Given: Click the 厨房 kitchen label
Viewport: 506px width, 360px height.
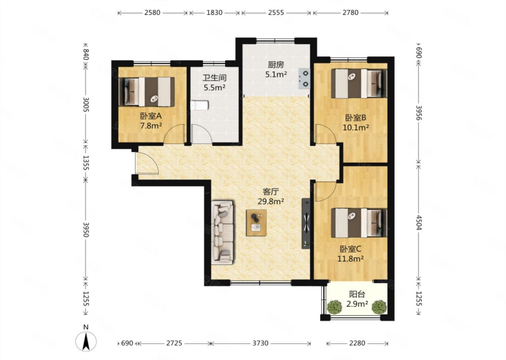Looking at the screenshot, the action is pyautogui.click(x=276, y=65).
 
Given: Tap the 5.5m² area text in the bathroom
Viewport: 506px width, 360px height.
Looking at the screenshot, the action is pyautogui.click(x=214, y=88).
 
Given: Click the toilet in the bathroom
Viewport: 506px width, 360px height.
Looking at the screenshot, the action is pyautogui.click(x=199, y=105).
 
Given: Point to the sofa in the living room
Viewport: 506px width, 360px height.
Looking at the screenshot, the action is pyautogui.click(x=222, y=233).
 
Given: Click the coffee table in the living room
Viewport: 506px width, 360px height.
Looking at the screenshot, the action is pyautogui.click(x=256, y=223).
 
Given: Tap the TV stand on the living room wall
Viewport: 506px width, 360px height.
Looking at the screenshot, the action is pyautogui.click(x=306, y=224).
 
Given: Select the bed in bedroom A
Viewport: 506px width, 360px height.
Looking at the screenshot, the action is pyautogui.click(x=147, y=92).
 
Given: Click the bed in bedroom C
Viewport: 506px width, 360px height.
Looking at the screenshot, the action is pyautogui.click(x=359, y=223).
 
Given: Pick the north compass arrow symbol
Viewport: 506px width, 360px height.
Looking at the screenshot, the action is pyautogui.click(x=86, y=342).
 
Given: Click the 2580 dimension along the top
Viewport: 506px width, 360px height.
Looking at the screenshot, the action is pyautogui.click(x=153, y=12).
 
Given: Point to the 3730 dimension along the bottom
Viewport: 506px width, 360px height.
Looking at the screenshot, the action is pyautogui.click(x=260, y=343).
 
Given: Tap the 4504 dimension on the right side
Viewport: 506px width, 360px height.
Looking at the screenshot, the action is pyautogui.click(x=419, y=223).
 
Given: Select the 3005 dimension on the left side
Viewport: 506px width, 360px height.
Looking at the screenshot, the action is pyautogui.click(x=86, y=105).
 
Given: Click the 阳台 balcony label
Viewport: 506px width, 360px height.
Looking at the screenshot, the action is pyautogui.click(x=357, y=294).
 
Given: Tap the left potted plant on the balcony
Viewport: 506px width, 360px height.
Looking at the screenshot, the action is pyautogui.click(x=334, y=307).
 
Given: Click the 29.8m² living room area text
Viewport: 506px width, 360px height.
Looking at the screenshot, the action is pyautogui.click(x=271, y=201).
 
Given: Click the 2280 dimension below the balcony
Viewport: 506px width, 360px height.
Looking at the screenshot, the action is pyautogui.click(x=357, y=343).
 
